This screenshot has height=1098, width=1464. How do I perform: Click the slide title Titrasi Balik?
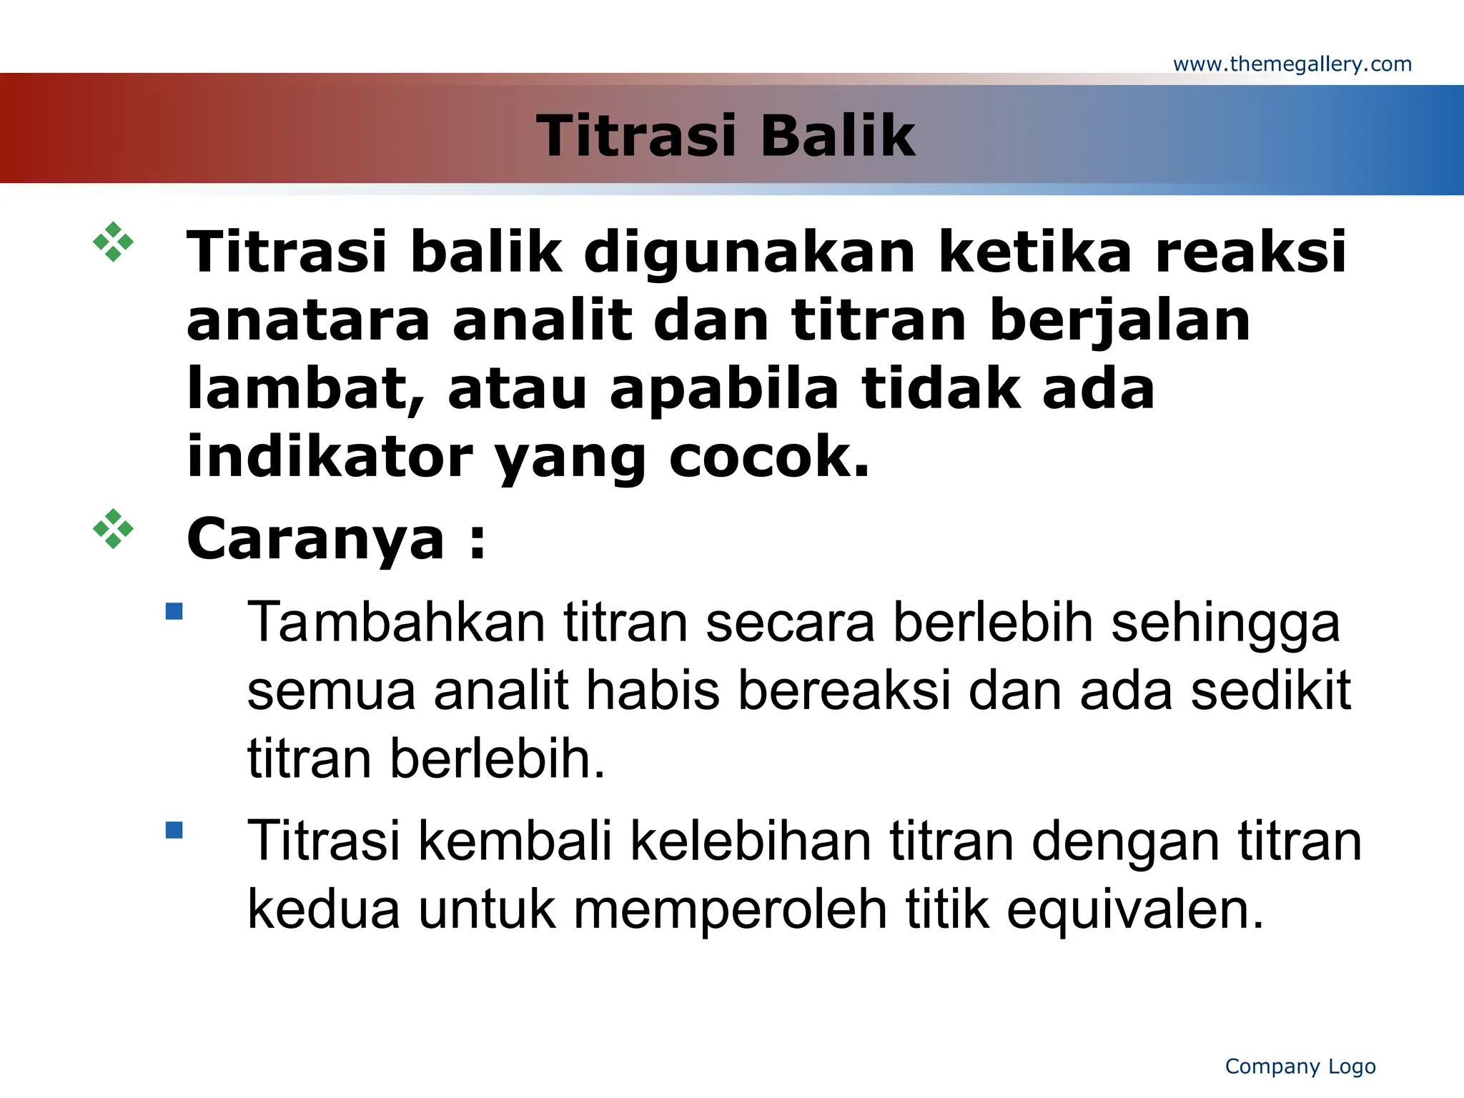point(726,136)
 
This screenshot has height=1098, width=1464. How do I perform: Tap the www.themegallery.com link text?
point(1292,64)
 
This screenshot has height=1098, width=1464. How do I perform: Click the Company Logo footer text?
point(1300,1066)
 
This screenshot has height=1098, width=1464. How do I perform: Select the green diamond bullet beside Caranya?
point(113,529)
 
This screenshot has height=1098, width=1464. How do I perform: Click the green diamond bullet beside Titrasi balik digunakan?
point(113,242)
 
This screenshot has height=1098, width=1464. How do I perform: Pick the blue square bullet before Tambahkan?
point(174,611)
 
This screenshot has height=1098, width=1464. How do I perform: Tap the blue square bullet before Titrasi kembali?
point(174,830)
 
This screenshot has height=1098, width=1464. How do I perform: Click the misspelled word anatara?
point(308,321)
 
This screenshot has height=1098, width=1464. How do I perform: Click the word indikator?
point(330,457)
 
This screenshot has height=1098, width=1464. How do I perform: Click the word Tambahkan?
point(396,623)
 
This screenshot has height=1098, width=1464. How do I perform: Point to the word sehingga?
point(1225,623)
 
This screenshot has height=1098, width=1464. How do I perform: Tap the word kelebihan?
point(751,841)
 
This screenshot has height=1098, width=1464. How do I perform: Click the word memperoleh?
point(729,910)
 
